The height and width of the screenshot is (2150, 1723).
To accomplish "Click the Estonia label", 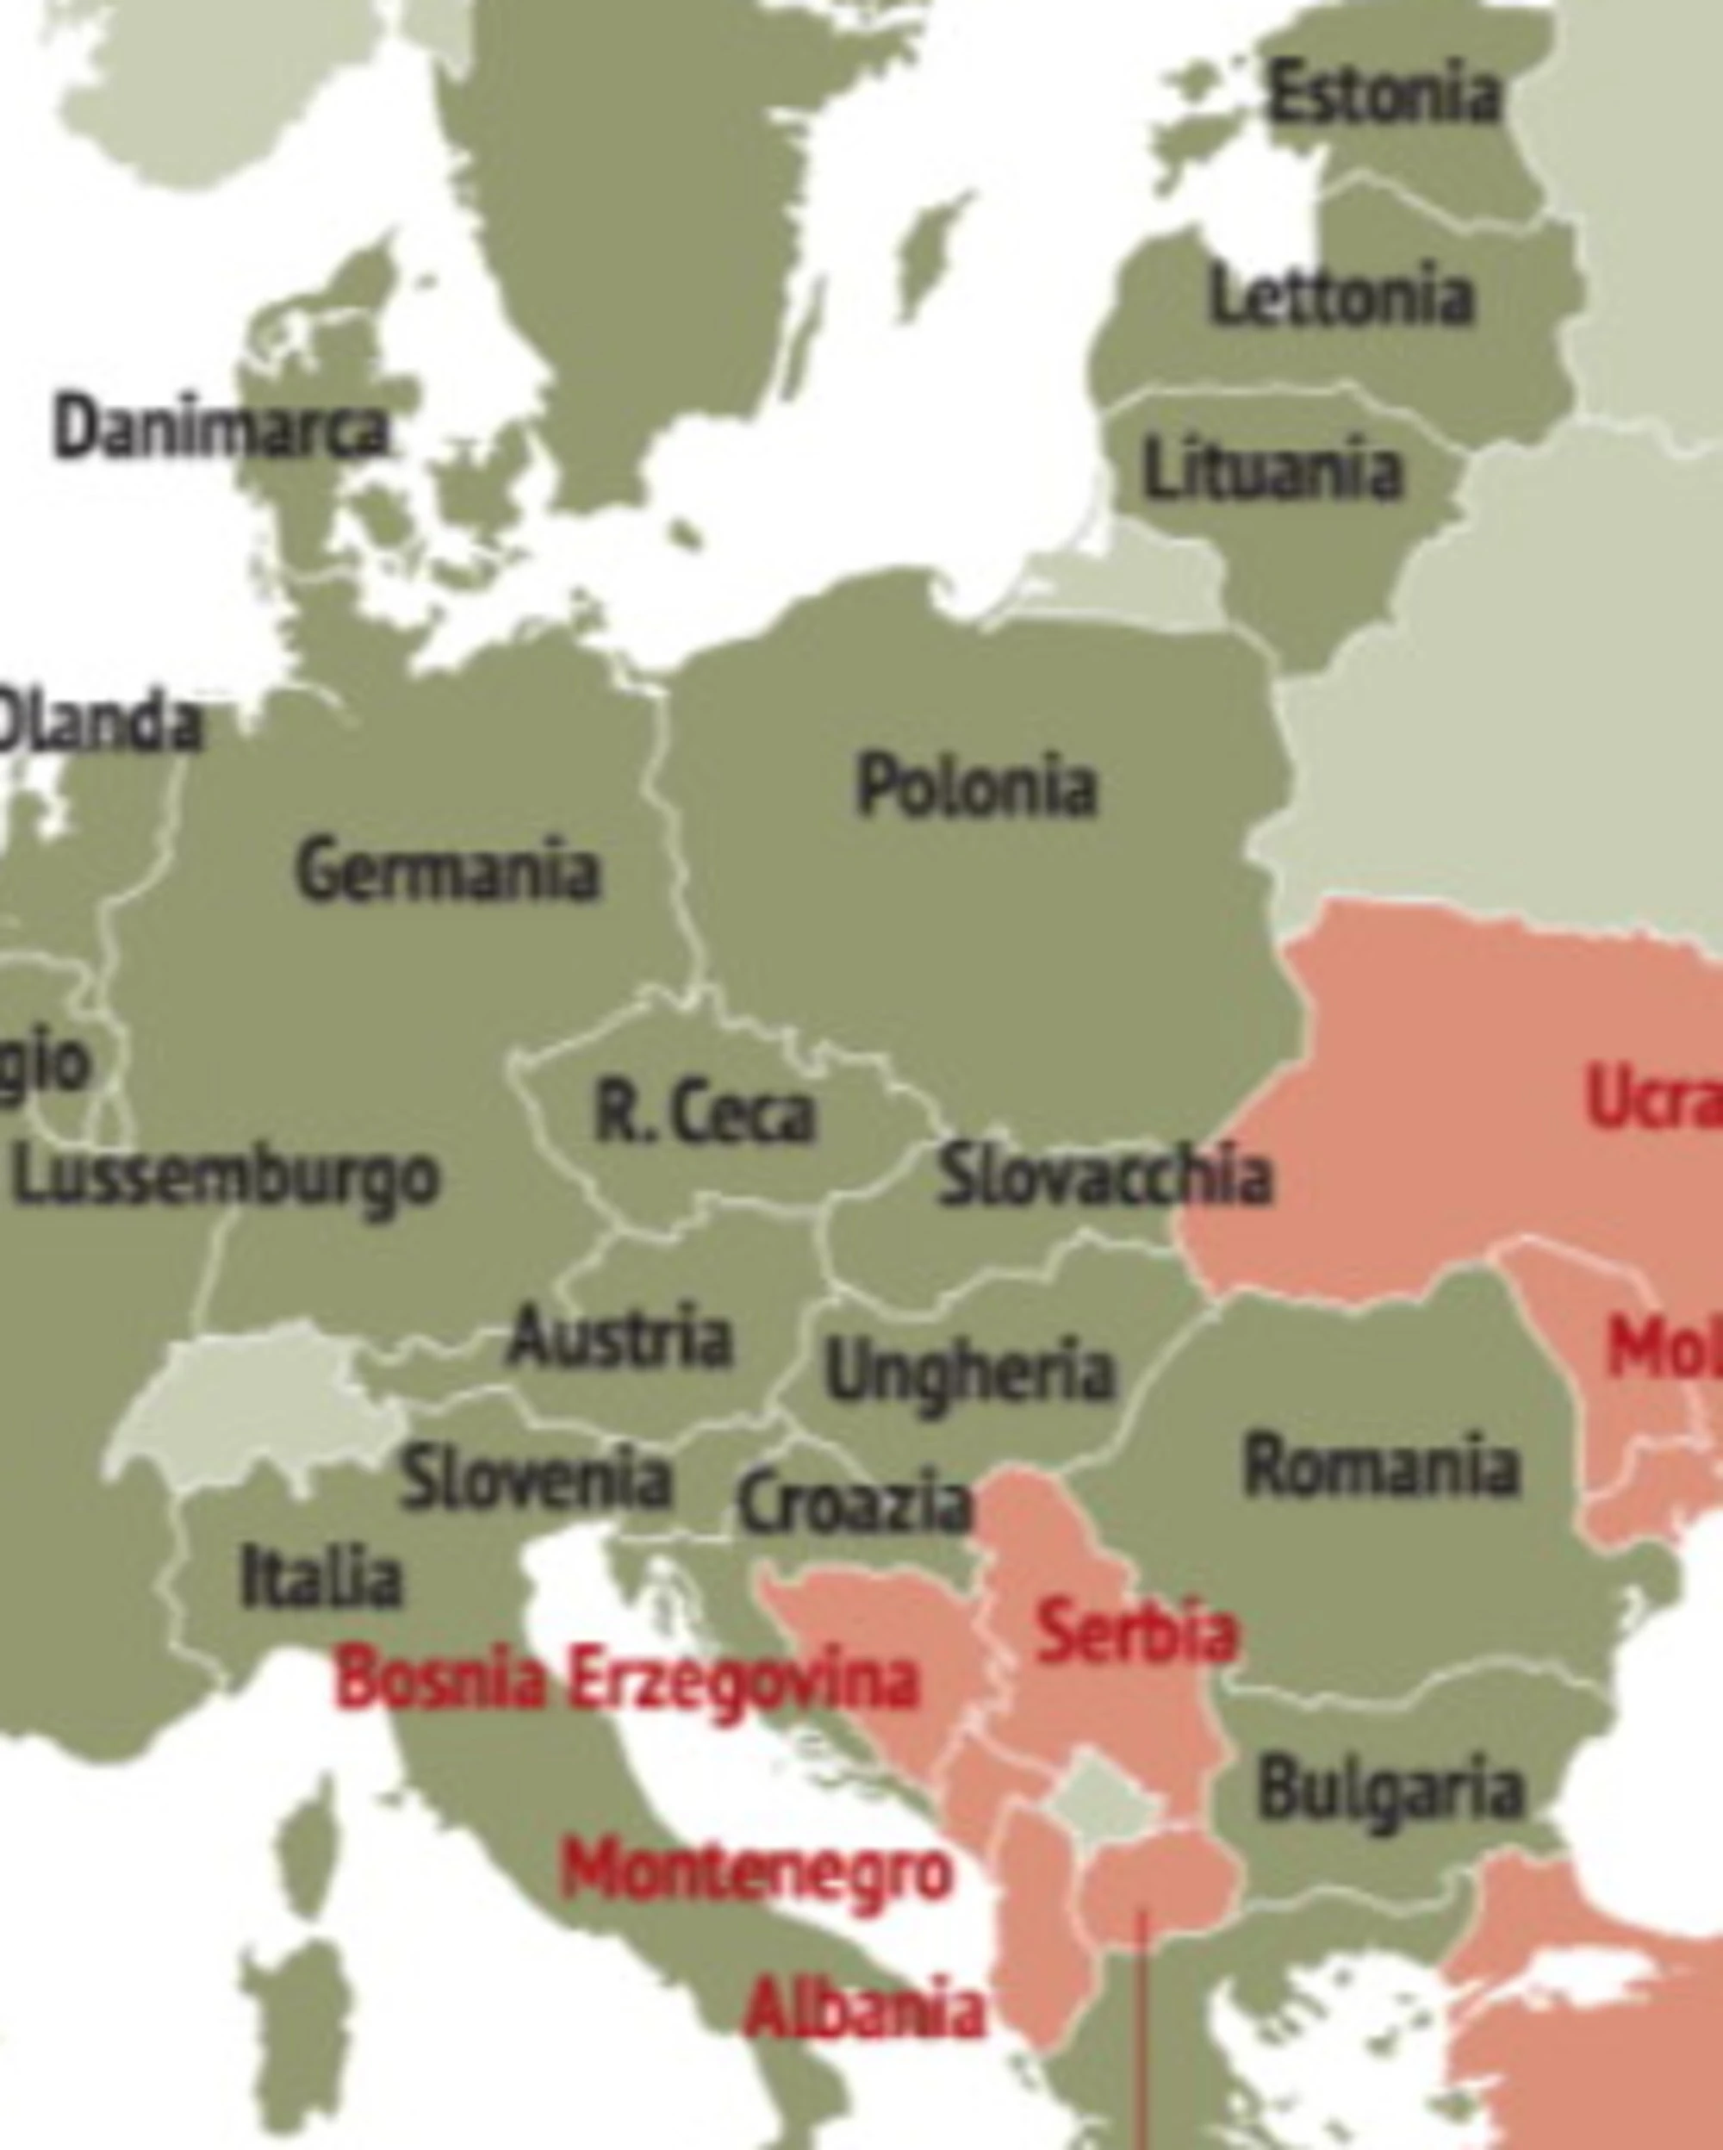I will tap(1383, 93).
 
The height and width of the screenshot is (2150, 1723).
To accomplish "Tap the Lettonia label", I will tap(1341, 296).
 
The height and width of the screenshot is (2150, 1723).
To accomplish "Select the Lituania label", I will tap(1273, 469).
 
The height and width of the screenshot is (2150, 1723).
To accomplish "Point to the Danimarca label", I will tap(221, 430).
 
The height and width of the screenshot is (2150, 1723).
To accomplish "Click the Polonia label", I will tap(976, 786).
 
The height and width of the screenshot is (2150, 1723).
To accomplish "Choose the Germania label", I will tap(448, 870).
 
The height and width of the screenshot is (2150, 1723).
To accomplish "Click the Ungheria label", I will tap(969, 1372).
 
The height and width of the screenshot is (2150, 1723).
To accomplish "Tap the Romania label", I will tap(1382, 1466).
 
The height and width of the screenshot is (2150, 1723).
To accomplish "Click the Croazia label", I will tap(854, 1502).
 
